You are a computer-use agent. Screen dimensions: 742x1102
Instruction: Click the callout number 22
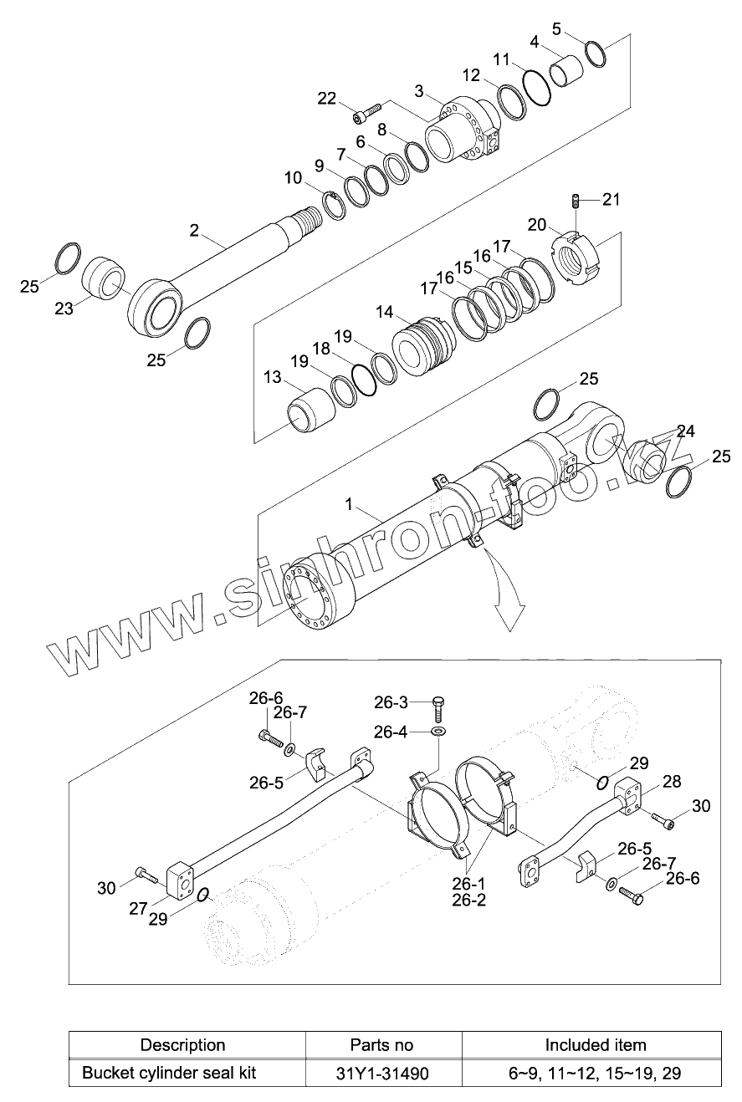tap(326, 99)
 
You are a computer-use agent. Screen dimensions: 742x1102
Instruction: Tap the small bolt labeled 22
tap(367, 112)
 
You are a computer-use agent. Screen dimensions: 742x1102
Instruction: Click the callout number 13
tap(272, 377)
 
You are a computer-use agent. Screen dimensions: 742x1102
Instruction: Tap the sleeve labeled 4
tap(566, 70)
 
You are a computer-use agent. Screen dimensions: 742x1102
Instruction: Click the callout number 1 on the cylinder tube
tap(349, 505)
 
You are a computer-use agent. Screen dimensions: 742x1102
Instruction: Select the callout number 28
tap(672, 781)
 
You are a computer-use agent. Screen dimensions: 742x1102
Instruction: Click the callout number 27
tap(138, 909)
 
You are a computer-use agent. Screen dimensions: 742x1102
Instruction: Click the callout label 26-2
tap(468, 900)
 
